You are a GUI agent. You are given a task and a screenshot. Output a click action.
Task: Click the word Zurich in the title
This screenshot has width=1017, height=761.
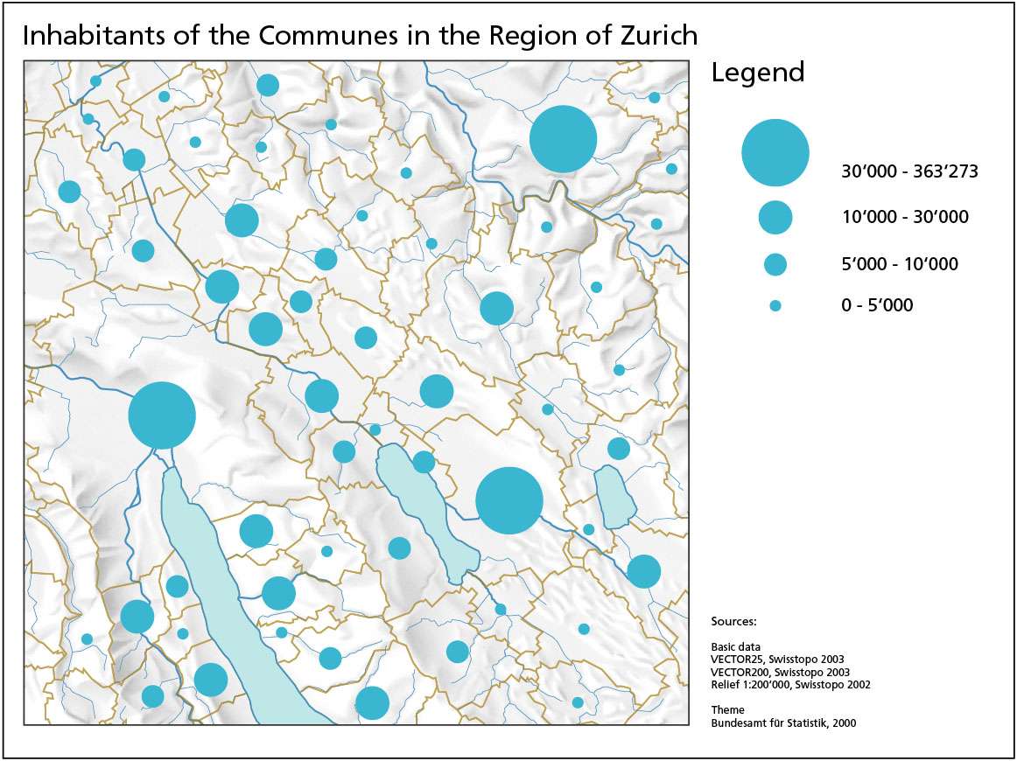tap(648, 35)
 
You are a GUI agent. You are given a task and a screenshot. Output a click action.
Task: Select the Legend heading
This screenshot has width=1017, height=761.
tap(757, 72)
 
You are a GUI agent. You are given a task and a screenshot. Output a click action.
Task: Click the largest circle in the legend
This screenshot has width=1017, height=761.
tap(775, 153)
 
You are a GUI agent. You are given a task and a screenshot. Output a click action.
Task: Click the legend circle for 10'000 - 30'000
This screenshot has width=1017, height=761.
tap(775, 217)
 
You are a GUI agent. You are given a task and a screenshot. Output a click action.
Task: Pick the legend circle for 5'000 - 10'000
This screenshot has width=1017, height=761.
tap(775, 263)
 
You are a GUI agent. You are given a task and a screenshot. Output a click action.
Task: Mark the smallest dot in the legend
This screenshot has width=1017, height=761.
tap(775, 306)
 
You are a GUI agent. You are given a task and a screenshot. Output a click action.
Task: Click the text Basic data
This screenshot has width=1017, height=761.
tap(736, 647)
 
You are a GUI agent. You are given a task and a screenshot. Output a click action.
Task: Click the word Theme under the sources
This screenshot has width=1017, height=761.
tap(728, 710)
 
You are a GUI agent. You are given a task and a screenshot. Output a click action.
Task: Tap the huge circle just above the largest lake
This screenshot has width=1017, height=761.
tap(162, 415)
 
